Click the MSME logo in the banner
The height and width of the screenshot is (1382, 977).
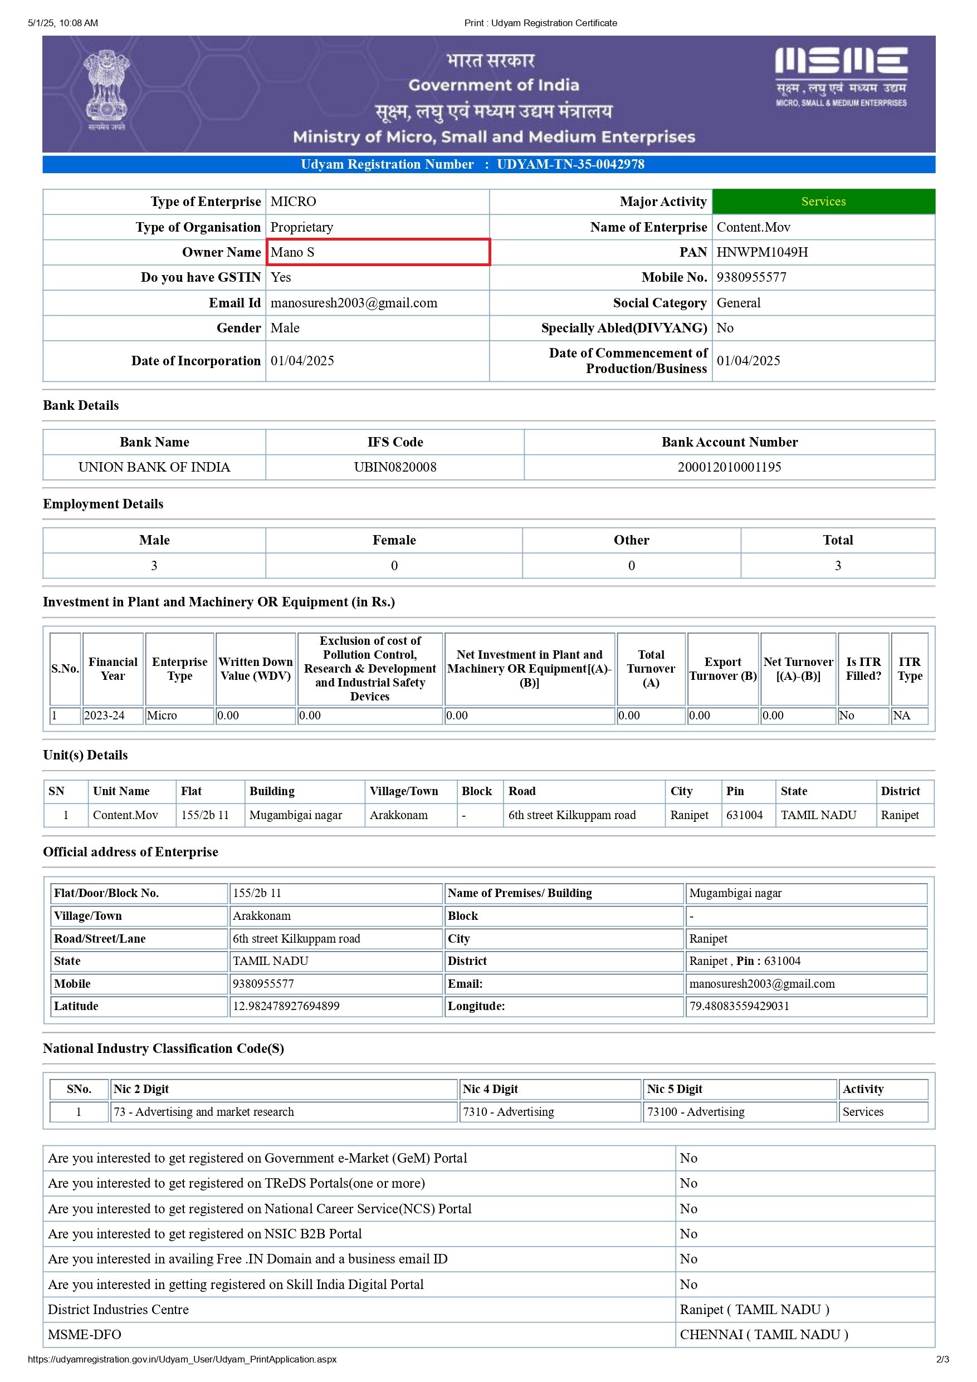[841, 76]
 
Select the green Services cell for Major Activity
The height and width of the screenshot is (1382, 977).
[823, 202]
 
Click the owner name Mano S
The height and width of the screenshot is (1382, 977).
[292, 252]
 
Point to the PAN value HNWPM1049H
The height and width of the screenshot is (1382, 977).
[762, 252]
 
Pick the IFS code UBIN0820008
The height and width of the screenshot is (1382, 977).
[395, 467]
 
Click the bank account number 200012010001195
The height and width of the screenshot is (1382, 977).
[729, 467]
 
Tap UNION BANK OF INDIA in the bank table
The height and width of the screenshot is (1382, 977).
[154, 467]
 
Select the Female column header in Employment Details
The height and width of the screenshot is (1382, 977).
[394, 540]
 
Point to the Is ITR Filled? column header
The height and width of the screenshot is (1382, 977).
[863, 668]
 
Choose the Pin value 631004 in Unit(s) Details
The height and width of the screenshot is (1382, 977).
[744, 815]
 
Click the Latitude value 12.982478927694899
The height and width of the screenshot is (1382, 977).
[286, 1006]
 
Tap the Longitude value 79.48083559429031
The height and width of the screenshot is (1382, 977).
[739, 1006]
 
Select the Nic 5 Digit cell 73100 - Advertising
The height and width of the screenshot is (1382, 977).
[695, 1112]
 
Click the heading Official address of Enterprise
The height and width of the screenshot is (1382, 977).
[131, 852]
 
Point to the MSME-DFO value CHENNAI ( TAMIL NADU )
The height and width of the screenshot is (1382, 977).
[763, 1335]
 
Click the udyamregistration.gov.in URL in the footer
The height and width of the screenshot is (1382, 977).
[182, 1359]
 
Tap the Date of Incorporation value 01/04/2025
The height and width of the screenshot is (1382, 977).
[302, 361]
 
